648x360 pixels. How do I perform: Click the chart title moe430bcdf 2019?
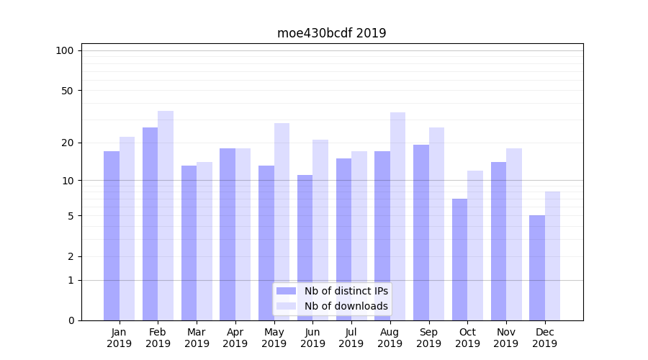(x=331, y=33)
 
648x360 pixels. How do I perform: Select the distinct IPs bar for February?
(x=150, y=223)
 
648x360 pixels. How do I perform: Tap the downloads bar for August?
(x=397, y=216)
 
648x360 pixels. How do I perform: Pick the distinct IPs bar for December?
(x=537, y=268)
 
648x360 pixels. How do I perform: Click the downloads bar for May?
(x=282, y=222)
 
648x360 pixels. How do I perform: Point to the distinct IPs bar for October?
(x=459, y=259)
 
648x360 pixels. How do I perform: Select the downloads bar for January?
(x=127, y=228)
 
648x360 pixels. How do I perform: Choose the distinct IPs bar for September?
(x=420, y=232)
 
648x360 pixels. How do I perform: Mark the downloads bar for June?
(x=320, y=230)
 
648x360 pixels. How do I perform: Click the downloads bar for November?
(x=514, y=234)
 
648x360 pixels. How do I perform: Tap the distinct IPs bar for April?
(x=228, y=234)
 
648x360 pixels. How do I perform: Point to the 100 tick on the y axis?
(x=65, y=50)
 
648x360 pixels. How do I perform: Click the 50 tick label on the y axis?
(x=68, y=91)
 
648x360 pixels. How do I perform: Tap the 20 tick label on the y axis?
(x=68, y=143)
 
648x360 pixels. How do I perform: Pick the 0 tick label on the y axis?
(x=71, y=320)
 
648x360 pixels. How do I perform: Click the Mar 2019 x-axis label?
(x=197, y=338)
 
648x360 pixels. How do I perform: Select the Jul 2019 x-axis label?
(x=351, y=338)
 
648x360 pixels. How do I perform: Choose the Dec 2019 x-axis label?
(x=544, y=338)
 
